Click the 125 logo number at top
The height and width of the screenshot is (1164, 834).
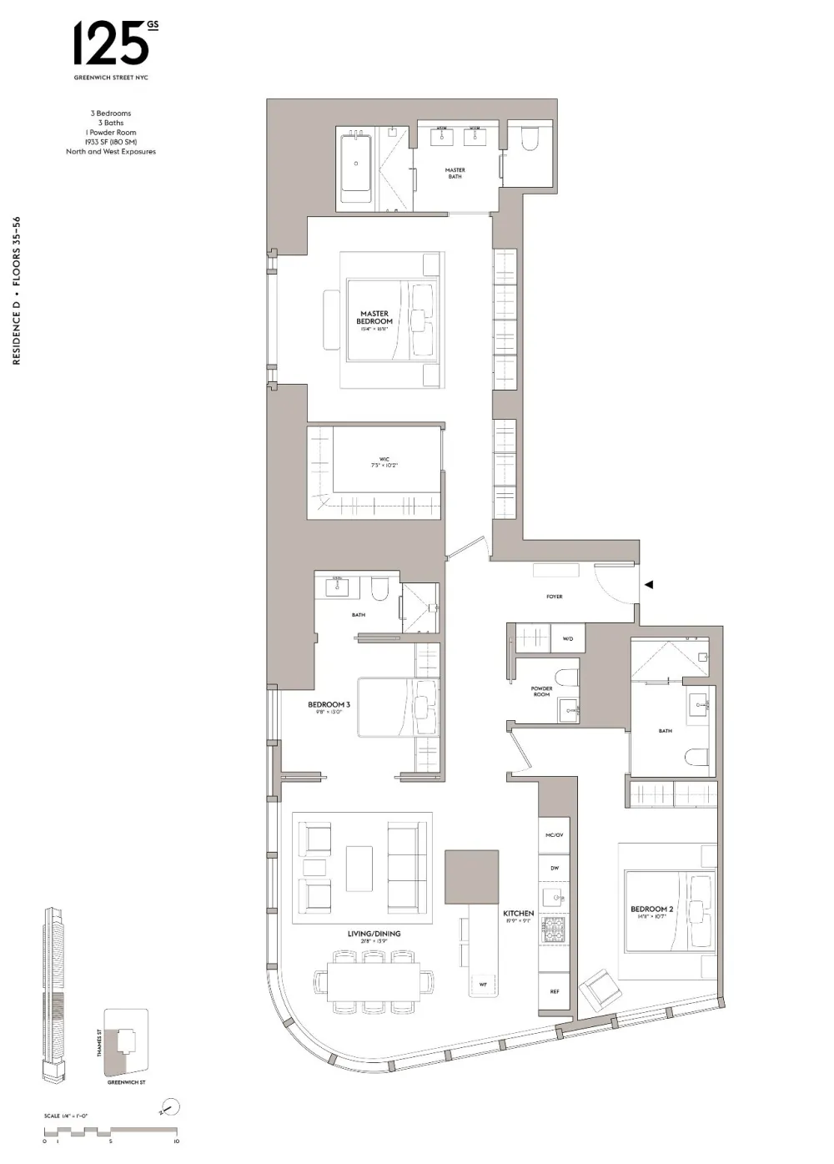coord(111,44)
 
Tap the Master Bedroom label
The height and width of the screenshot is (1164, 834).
coord(374,318)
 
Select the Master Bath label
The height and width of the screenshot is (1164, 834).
coord(455,173)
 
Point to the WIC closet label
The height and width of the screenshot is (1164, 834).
coord(384,461)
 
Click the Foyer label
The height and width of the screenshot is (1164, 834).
coord(555,597)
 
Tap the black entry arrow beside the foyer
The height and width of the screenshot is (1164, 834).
coord(649,585)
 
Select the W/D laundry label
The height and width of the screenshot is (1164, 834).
coord(568,638)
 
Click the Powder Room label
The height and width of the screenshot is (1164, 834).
coord(541,692)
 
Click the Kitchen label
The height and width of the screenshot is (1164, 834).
coord(518,915)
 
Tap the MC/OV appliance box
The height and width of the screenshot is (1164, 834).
coord(555,835)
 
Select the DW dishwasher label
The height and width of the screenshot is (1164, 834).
coord(555,868)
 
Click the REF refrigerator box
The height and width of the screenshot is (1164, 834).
coord(555,991)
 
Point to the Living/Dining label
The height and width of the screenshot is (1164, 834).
coord(374,935)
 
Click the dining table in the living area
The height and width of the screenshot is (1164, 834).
coord(374,982)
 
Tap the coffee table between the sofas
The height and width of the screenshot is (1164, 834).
coord(359,869)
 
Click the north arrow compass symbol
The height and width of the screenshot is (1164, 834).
coord(169,1108)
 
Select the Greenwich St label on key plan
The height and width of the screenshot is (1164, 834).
coord(126,1082)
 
